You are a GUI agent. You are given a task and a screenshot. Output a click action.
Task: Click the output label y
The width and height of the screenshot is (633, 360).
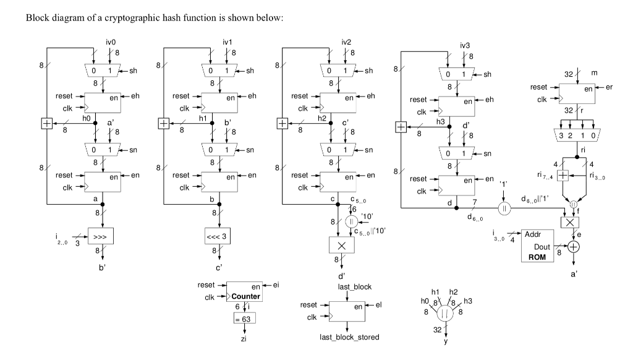point(445,341)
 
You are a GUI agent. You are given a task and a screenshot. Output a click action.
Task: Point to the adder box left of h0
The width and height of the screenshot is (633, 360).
point(46,124)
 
